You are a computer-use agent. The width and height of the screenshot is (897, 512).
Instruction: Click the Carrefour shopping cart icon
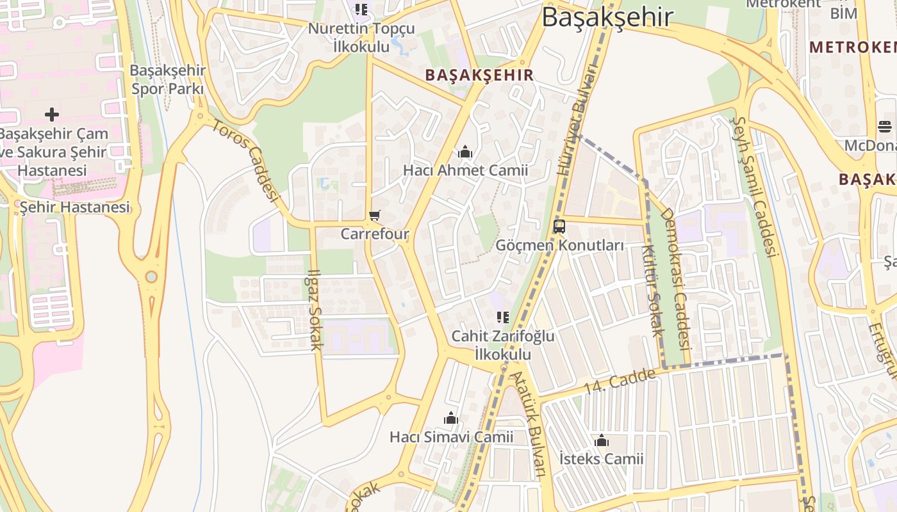pyautogui.click(x=375, y=216)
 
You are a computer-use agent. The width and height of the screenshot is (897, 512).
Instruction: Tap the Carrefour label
pyautogui.click(x=375, y=234)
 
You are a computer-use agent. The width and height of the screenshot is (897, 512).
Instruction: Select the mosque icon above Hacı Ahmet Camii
pyautogui.click(x=465, y=152)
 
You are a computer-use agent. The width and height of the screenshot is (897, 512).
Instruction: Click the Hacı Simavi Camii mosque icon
pyautogui.click(x=451, y=419)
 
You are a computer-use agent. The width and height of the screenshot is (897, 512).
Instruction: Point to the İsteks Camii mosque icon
pyautogui.click(x=601, y=441)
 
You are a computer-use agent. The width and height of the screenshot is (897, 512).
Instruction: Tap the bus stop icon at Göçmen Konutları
pyautogui.click(x=559, y=227)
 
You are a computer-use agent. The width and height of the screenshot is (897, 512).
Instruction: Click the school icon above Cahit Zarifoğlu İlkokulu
pyautogui.click(x=503, y=317)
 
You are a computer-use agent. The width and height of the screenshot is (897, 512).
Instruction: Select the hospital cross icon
pyautogui.click(x=52, y=115)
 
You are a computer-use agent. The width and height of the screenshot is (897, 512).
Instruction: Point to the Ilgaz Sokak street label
pyautogui.click(x=315, y=310)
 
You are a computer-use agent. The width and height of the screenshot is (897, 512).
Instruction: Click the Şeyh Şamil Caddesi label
pyautogui.click(x=755, y=186)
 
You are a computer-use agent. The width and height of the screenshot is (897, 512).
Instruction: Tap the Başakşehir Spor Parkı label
pyautogui.click(x=168, y=79)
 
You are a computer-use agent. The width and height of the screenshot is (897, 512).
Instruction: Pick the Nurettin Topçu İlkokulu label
pyautogui.click(x=361, y=37)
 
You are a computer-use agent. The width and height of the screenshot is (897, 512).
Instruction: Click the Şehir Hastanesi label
pyautogui.click(x=74, y=207)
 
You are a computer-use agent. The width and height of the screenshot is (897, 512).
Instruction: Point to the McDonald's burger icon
pyautogui.click(x=885, y=127)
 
